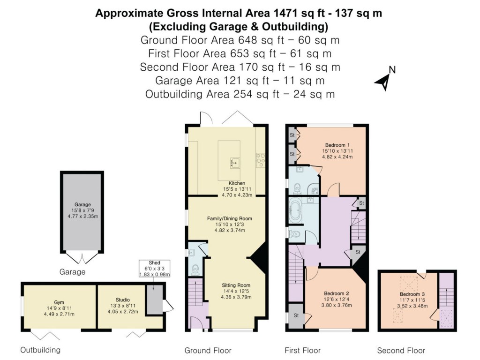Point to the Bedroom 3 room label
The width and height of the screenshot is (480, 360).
pos(407,294)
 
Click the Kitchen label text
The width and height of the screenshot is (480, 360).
pos(237,183)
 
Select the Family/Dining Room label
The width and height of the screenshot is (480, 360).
pos(230,218)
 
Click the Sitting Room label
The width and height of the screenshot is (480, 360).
pos(236,285)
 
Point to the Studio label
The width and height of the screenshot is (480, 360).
pos(122,300)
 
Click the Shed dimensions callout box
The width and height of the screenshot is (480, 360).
pos(155,269)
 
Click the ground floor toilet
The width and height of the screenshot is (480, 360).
pos(195,269)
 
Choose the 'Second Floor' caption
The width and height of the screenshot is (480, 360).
pos(401,350)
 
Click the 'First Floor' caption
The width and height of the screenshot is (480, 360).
pos(302,350)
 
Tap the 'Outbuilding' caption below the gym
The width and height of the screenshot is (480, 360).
pos(40,350)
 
